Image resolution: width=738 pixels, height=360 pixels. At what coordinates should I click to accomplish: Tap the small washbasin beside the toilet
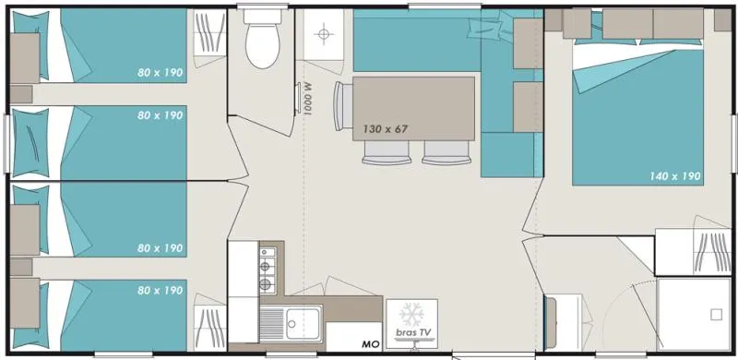click(x=322, y=35)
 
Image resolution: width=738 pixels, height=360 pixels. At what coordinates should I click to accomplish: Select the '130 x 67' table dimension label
click(x=385, y=128)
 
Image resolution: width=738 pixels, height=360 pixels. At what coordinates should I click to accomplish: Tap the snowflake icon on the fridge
click(x=411, y=311)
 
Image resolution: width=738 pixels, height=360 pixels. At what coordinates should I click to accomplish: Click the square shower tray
click(x=696, y=314)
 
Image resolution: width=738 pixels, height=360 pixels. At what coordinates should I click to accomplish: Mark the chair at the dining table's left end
click(x=341, y=109)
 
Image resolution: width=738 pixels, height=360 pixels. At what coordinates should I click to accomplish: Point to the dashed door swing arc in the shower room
click(x=637, y=305)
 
